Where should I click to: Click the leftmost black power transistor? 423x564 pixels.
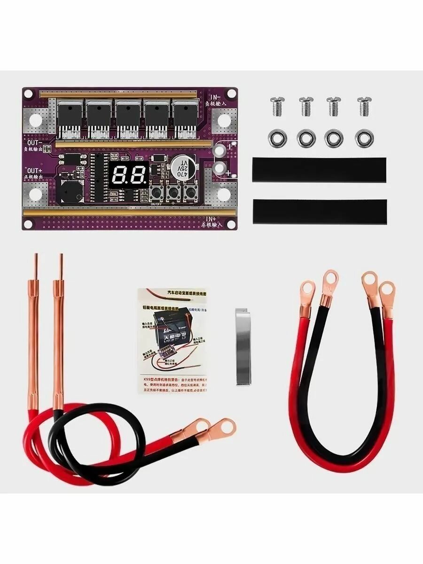pyautogui.click(x=70, y=116)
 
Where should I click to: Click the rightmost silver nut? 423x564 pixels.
pyautogui.click(x=363, y=138)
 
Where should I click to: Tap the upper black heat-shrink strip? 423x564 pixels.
pyautogui.click(x=319, y=170)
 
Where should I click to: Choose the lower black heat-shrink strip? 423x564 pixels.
pyautogui.click(x=319, y=211)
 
